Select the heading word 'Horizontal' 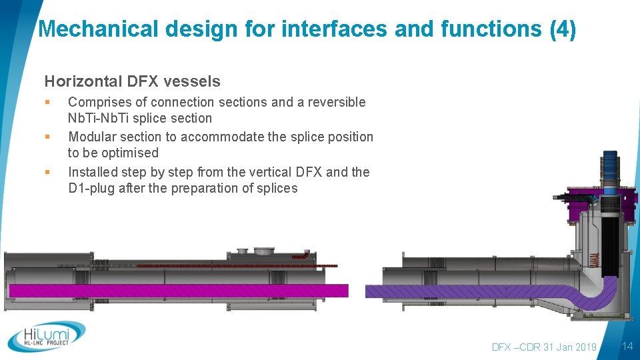pyautogui.click(x=82, y=82)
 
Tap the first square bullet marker pyautogui.click(x=47, y=103)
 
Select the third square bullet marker pyautogui.click(x=47, y=172)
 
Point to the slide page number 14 pyautogui.click(x=627, y=346)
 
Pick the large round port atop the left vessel pyautogui.click(x=263, y=251)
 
